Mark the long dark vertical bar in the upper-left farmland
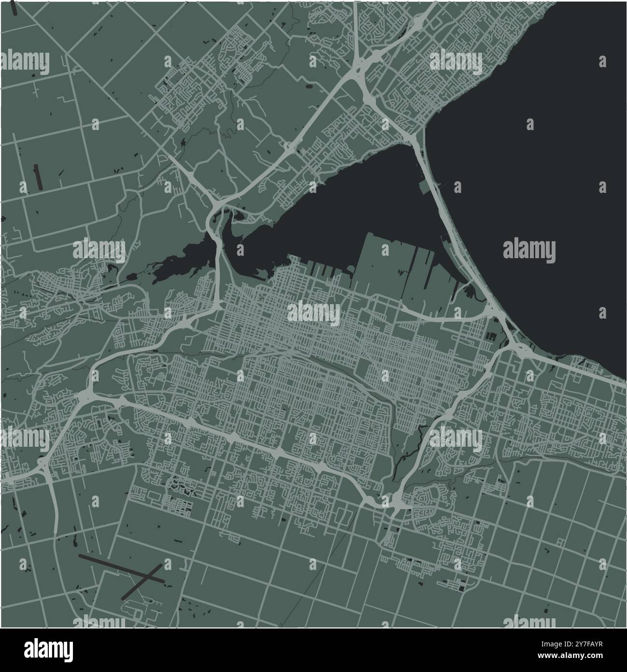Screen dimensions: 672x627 [x=37, y=176]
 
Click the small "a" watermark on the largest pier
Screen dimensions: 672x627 [x=385, y=250]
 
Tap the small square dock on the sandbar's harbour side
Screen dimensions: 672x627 [x=426, y=188]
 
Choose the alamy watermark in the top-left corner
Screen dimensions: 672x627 [x=25, y=61]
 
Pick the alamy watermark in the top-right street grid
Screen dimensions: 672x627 [x=456, y=61]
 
